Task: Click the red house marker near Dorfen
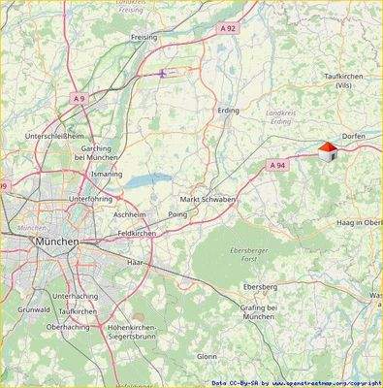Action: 328,149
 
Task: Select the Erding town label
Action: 228,111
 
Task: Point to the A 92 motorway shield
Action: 228,29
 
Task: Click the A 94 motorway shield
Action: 278,166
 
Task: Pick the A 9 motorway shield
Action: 79,98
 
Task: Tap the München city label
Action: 56,241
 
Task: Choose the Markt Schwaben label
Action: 208,199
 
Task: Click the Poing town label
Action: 177,213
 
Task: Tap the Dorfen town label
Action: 353,138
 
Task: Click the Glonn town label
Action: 207,356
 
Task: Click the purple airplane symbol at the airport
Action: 163,72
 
